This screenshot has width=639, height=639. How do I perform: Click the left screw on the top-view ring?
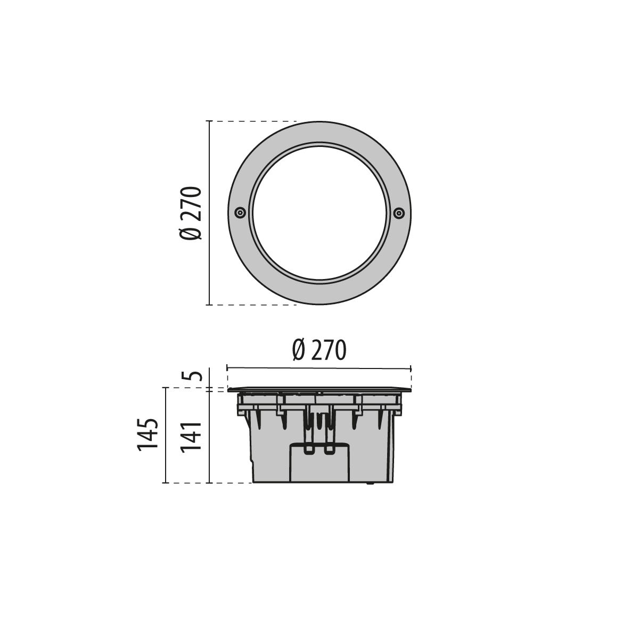pyautogui.click(x=240, y=212)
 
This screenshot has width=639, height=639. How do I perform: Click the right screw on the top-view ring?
pyautogui.click(x=399, y=212)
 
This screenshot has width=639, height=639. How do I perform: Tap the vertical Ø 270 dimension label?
pyautogui.click(x=191, y=213)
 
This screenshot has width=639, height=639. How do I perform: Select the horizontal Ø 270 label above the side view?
pyautogui.click(x=319, y=350)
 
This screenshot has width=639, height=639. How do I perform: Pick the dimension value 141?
pyautogui.click(x=191, y=436)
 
